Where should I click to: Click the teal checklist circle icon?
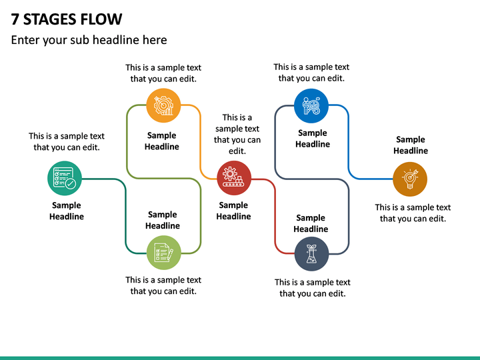pyautogui.click(x=65, y=178)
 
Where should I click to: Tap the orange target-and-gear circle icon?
pyautogui.click(x=163, y=105)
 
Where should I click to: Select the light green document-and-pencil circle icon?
pyautogui.click(x=164, y=253)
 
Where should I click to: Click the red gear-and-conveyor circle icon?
pyautogui.click(x=234, y=178)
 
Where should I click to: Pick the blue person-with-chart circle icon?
pyautogui.click(x=311, y=106)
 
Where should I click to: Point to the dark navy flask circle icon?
pyautogui.click(x=311, y=254)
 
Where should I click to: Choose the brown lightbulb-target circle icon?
pyautogui.click(x=410, y=179)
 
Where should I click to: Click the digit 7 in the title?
pyautogui.click(x=15, y=19)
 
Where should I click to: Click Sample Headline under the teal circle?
pyautogui.click(x=67, y=211)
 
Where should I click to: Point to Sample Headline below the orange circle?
pyautogui.click(x=161, y=141)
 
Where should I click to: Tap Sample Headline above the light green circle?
pyautogui.click(x=162, y=220)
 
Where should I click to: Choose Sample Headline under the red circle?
pyautogui.click(x=233, y=211)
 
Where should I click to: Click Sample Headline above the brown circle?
pyautogui.click(x=411, y=145)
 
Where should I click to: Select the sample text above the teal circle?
pyautogui.click(x=67, y=142)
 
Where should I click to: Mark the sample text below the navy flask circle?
pyautogui.click(x=312, y=288)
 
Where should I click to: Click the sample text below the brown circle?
pyautogui.click(x=413, y=213)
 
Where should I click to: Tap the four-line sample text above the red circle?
pyautogui.click(x=237, y=134)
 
